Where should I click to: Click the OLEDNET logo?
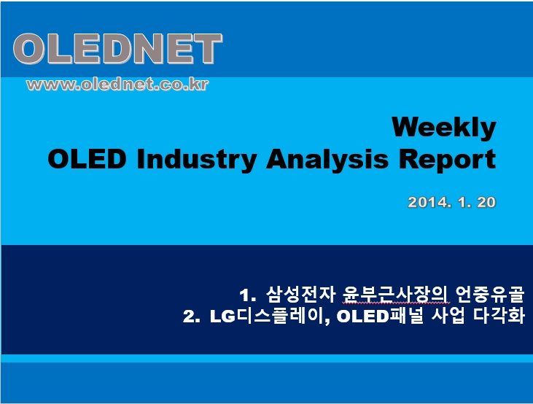[117, 49]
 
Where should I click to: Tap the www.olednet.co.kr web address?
[117, 85]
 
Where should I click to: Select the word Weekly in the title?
[444, 128]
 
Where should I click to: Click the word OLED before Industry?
[87, 159]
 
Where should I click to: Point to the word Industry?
[196, 160]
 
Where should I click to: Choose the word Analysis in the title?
[327, 160]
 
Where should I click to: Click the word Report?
[448, 160]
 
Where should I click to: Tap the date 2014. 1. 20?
[452, 202]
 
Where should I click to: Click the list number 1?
[247, 295]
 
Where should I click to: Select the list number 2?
[191, 316]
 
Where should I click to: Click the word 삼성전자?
[300, 295]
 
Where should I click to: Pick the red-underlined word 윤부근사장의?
[396, 295]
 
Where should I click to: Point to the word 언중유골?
[490, 295]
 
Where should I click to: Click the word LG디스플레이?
[268, 316]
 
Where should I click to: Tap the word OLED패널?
[380, 316]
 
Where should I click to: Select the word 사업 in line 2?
[448, 316]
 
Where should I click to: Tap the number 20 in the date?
[487, 202]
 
